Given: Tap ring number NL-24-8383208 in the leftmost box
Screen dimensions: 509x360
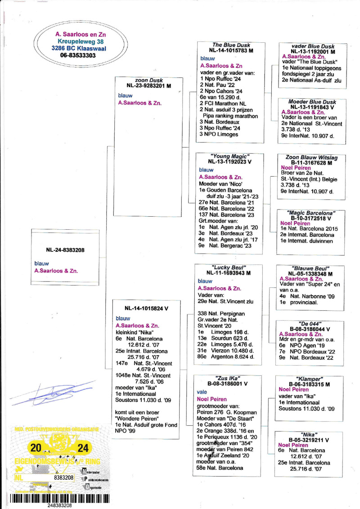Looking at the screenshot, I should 65,250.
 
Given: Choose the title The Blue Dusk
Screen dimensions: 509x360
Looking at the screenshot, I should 231,45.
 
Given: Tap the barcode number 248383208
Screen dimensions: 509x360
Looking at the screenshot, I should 60,505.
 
